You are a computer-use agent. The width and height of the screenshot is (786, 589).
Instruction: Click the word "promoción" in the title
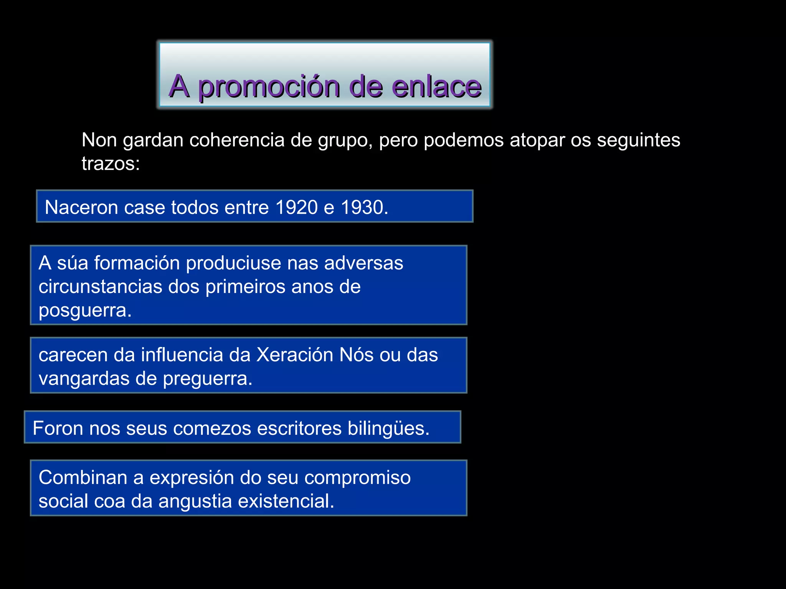coord(269,87)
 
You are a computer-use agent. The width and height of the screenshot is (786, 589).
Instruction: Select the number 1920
coord(296,207)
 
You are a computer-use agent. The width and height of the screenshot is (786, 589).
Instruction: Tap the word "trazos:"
coord(111,164)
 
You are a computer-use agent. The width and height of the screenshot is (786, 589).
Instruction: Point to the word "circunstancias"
coord(100,287)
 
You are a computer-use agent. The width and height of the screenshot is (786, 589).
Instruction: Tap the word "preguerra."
coord(208,379)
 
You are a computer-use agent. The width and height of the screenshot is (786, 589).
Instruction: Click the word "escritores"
coord(299,428)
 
